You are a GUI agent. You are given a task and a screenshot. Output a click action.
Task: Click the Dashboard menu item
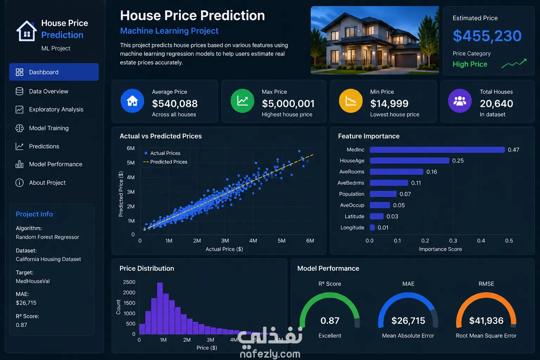[x=54, y=72]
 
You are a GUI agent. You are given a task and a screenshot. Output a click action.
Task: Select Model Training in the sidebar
[x=49, y=128]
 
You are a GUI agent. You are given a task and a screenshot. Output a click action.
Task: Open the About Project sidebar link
[x=47, y=182]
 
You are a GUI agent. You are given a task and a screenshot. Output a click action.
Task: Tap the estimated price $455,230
[x=487, y=36]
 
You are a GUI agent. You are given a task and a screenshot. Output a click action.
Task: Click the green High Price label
[x=470, y=64]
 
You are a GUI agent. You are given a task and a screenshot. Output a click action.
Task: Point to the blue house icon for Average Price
[x=132, y=101]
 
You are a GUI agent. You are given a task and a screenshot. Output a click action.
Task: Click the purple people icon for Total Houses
[x=460, y=101]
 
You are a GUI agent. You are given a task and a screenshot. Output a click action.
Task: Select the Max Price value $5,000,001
[x=288, y=103]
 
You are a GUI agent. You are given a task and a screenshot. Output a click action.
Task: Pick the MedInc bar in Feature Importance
[x=437, y=150]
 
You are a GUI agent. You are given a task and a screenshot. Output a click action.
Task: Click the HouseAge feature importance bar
[x=409, y=161]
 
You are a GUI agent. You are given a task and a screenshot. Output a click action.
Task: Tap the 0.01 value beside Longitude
[x=383, y=227]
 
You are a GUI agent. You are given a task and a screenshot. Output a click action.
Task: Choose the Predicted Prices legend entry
[x=165, y=162]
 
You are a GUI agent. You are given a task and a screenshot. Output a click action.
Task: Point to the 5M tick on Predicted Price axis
[x=131, y=162]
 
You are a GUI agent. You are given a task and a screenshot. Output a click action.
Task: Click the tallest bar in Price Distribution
[x=160, y=308]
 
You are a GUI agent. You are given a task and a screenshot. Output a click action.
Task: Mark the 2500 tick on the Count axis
[x=129, y=282]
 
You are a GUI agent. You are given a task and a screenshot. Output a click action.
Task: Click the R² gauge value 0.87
[x=330, y=321]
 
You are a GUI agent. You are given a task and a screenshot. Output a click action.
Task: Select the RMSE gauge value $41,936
[x=486, y=321]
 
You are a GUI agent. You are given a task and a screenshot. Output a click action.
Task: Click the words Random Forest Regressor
[x=47, y=237]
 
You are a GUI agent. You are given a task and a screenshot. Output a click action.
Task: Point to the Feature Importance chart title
[x=368, y=136]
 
